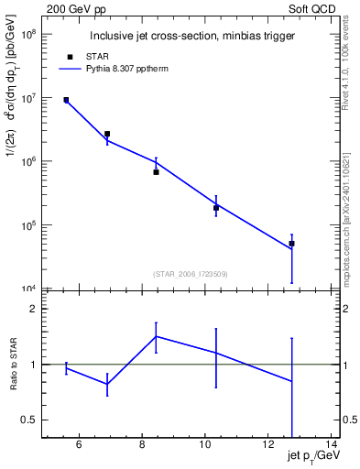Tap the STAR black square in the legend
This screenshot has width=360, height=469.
70,57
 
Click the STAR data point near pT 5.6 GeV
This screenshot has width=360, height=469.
66,100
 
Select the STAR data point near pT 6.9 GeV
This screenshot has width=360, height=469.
107,134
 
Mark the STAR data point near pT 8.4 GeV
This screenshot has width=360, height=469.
156,172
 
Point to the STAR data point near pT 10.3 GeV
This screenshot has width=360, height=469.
216,208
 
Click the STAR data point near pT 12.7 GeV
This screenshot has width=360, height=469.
291,244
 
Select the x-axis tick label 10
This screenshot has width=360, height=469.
204,445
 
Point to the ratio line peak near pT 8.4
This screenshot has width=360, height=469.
156,336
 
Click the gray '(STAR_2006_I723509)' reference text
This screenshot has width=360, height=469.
191,273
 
